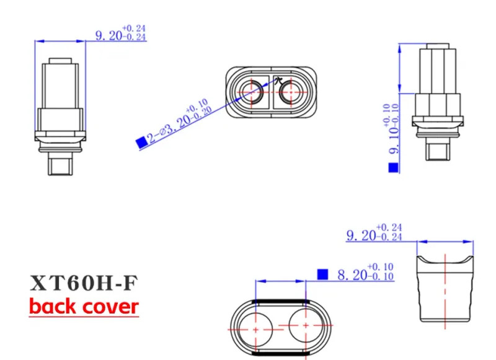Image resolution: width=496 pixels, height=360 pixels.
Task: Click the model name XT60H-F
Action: tap(84, 283)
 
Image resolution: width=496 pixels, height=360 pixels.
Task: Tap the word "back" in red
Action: tap(53, 306)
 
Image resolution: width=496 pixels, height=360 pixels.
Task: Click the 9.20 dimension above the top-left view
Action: tap(120, 33)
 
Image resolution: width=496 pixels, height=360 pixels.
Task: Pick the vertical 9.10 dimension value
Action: tap(392, 129)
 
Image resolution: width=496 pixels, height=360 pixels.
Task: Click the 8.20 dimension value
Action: tap(366, 272)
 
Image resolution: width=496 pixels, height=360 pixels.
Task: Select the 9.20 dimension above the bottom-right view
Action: tap(374, 232)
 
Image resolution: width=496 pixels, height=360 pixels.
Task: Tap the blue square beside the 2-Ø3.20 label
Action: tap(141, 143)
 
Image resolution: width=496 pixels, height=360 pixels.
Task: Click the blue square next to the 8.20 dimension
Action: tap(322, 274)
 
